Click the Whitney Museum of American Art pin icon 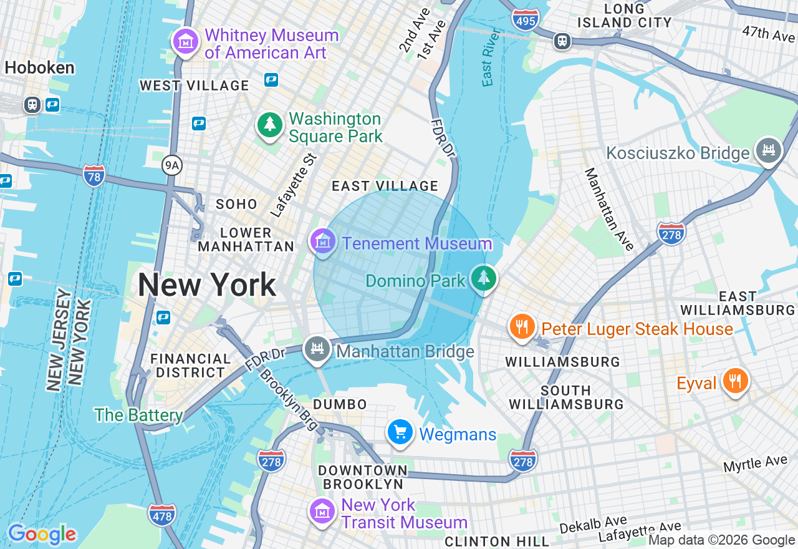pyautogui.click(x=185, y=42)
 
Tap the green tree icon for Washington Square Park pyautogui.click(x=270, y=125)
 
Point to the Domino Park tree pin pyautogui.click(x=483, y=278)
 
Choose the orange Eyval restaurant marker pyautogui.click(x=736, y=381)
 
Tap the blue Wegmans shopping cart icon pyautogui.click(x=400, y=432)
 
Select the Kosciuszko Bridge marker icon pyautogui.click(x=768, y=150)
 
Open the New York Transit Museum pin pyautogui.click(x=322, y=512)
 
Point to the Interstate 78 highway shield pyautogui.click(x=94, y=175)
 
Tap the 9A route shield pyautogui.click(x=171, y=165)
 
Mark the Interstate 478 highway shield pyautogui.click(x=161, y=515)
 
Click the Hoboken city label pyautogui.click(x=40, y=67)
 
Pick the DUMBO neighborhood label pyautogui.click(x=340, y=405)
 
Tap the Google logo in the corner pyautogui.click(x=42, y=535)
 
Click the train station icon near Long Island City pyautogui.click(x=562, y=41)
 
